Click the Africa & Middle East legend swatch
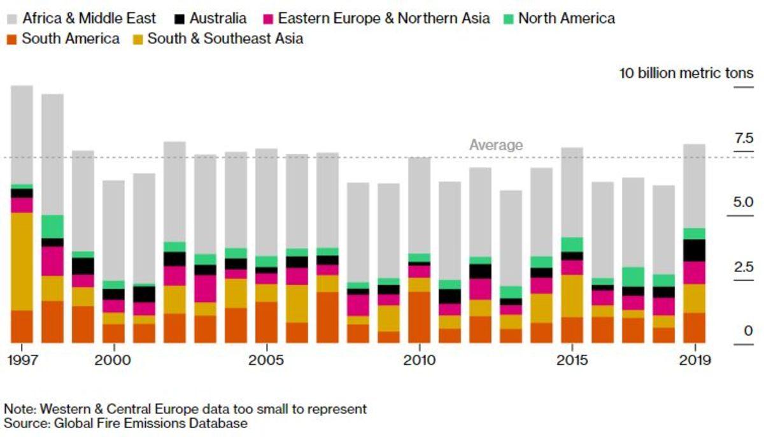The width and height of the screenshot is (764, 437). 12,18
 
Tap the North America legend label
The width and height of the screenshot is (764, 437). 567,18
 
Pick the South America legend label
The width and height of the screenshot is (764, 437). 71,39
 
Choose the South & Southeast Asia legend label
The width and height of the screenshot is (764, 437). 225,39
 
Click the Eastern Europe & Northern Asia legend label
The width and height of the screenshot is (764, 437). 384,18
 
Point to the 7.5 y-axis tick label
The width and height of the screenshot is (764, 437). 744,138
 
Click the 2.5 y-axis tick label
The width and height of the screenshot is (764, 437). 744,267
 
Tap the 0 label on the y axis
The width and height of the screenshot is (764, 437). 748,331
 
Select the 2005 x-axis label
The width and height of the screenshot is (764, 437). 266,361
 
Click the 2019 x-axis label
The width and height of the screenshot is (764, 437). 694,361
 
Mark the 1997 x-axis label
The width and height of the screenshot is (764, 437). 22,361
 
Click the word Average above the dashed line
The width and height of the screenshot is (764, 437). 496,145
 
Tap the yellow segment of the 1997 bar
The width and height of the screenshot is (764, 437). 22,261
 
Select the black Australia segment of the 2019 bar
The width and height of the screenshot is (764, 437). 694,250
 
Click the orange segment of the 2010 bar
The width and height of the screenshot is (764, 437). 419,317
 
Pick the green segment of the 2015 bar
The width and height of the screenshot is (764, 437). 572,245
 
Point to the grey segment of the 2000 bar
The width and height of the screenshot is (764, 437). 114,230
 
